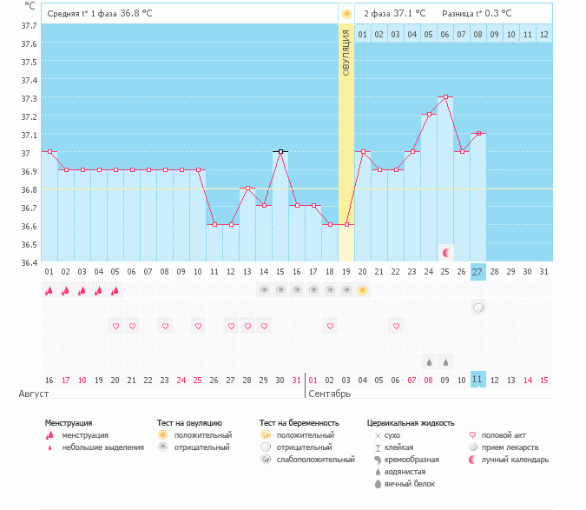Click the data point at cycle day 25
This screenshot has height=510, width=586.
click(x=445, y=97)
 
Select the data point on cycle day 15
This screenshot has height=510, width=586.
click(x=280, y=151)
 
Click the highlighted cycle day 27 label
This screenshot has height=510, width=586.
click(x=478, y=272)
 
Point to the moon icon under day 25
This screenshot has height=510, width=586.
click(x=446, y=253)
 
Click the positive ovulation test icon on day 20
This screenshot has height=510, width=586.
click(x=363, y=290)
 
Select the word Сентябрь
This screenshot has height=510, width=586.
click(x=329, y=394)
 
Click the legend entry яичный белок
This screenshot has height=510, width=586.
click(x=410, y=483)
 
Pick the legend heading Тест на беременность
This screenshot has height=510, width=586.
click(x=299, y=422)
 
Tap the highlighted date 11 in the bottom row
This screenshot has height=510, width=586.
click(x=478, y=379)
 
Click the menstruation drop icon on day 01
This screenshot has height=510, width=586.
click(x=49, y=290)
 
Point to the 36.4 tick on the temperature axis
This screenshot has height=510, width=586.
click(x=29, y=262)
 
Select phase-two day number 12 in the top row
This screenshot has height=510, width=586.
click(x=543, y=34)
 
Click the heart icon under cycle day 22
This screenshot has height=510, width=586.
click(x=165, y=326)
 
